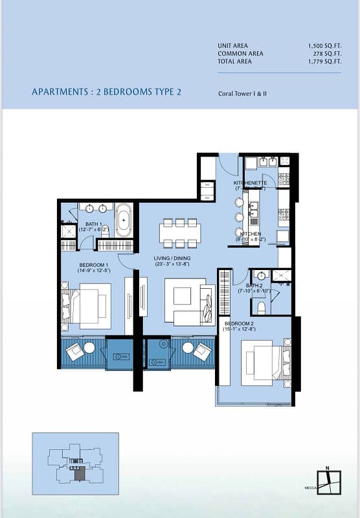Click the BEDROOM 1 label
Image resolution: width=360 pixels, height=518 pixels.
click(94, 265)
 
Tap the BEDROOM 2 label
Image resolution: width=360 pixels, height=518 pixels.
click(239, 322)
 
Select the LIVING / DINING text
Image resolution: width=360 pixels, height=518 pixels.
click(172, 258)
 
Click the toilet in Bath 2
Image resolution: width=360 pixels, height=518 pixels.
click(261, 307)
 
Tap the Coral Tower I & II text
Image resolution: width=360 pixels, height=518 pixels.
click(243, 93)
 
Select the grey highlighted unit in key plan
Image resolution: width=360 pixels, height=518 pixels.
click(80, 474)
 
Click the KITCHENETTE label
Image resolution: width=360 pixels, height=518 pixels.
click(250, 183)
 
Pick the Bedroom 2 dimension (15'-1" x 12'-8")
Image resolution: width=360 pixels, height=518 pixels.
click(239, 329)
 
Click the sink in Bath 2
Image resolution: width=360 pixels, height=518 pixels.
click(261, 276)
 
